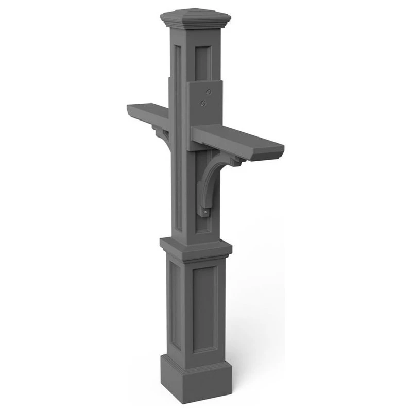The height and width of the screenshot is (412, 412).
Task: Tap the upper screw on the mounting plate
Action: (x=208, y=92)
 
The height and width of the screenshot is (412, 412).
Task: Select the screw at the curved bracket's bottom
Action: (x=206, y=211)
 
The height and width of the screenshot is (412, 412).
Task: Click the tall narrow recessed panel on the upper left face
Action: (x=179, y=134)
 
